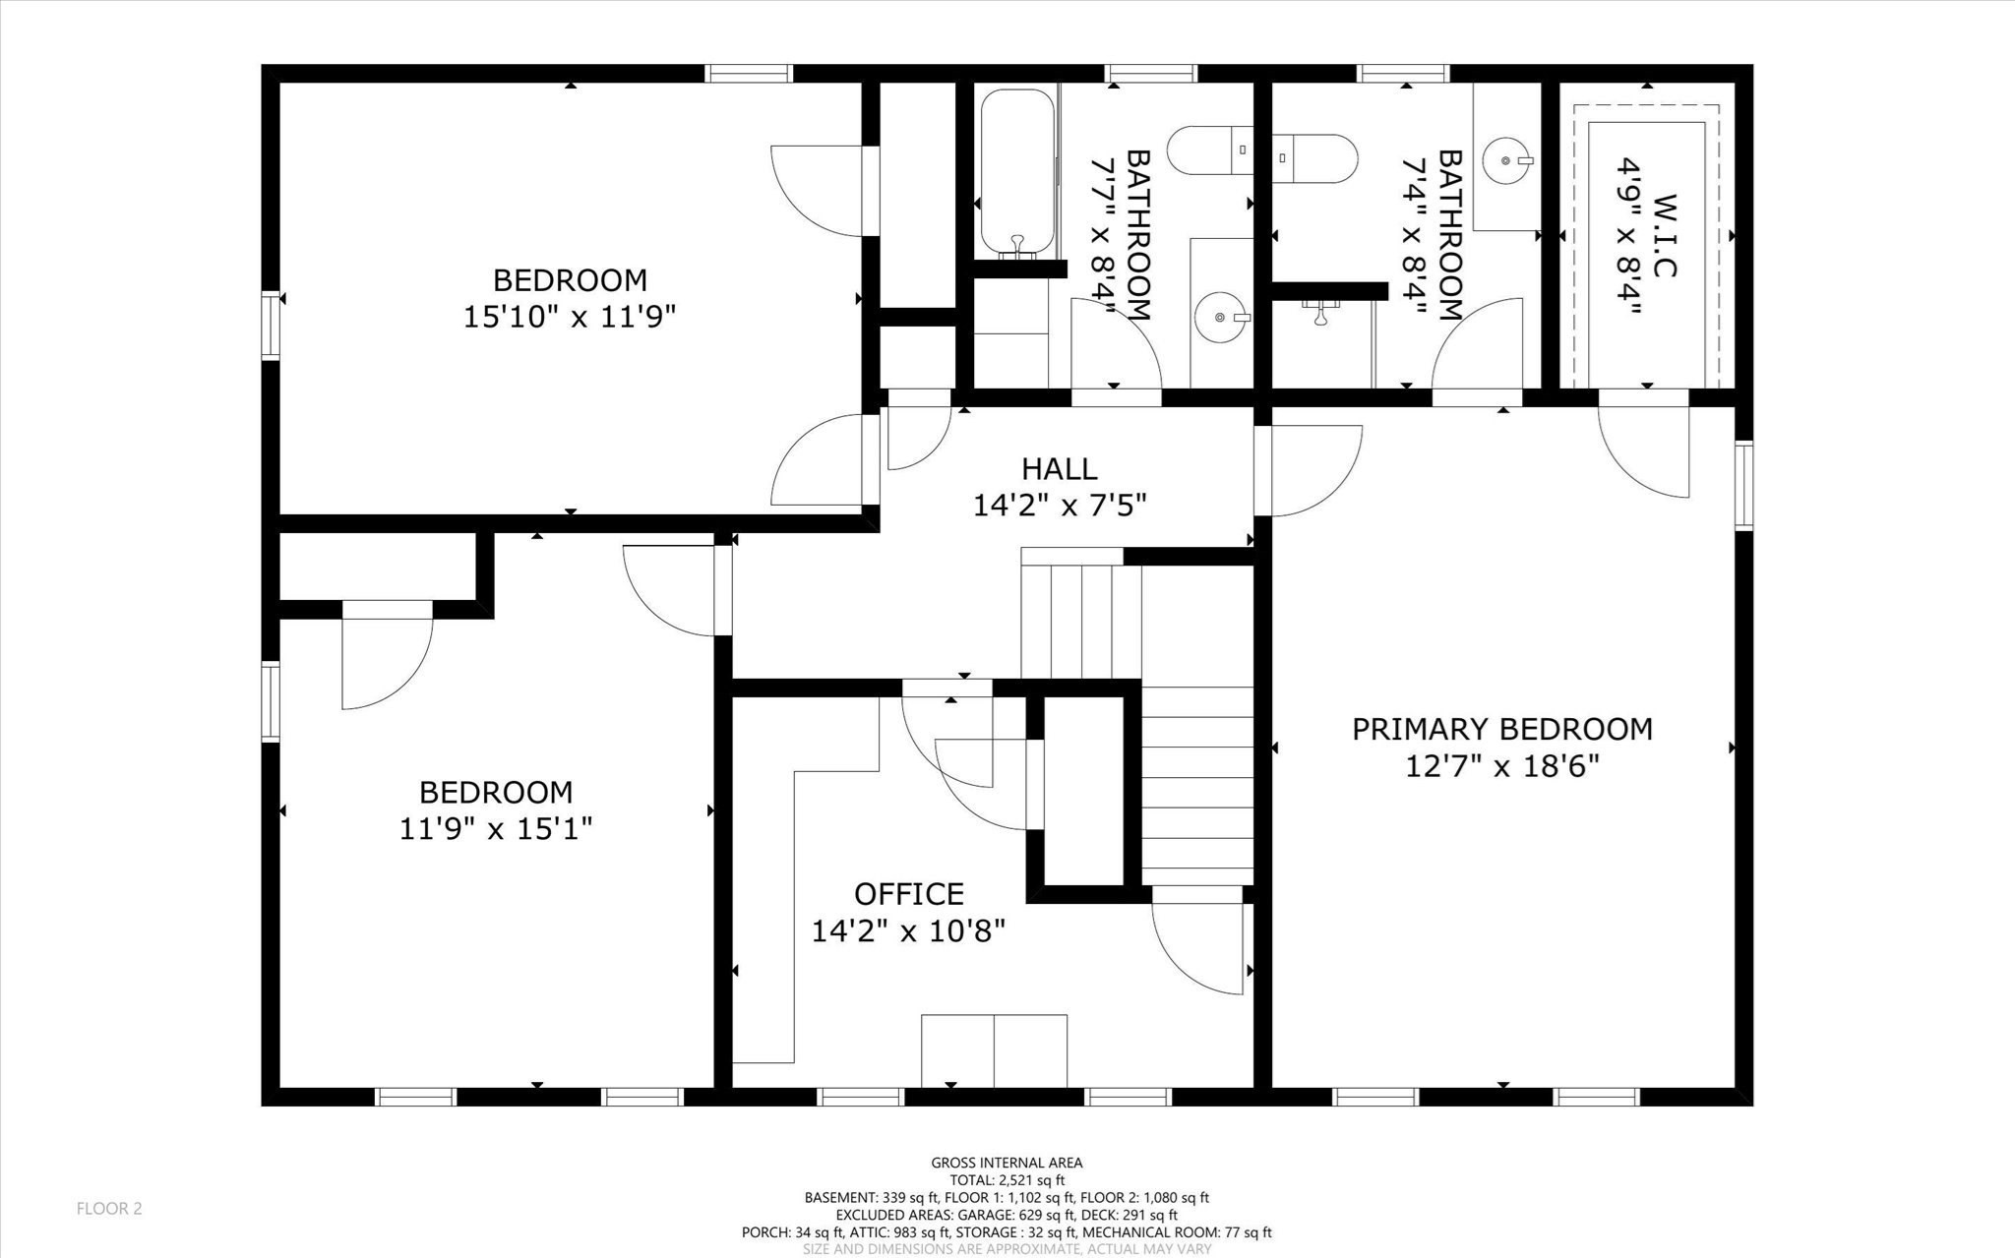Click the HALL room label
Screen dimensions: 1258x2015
[1059, 469]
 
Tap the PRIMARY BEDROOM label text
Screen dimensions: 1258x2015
[1501, 730]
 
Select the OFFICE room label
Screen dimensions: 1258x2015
[908, 894]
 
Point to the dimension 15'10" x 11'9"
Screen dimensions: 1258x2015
[570, 318]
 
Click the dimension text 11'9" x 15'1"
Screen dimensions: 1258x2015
[496, 829]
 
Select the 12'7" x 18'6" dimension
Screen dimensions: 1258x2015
[1501, 766]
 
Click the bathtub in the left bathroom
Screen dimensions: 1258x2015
[1017, 172]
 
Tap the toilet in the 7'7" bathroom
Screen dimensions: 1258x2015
[1209, 150]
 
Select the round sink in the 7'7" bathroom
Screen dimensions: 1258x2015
[1220, 318]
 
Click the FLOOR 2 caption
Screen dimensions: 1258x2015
[109, 1209]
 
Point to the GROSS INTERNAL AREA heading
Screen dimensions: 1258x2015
[1007, 1163]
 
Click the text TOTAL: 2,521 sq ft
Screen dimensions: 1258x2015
[1007, 1180]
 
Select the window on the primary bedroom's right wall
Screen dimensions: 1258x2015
[1743, 486]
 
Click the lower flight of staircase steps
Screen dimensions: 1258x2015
[1197, 786]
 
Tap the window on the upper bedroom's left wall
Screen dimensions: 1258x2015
[271, 325]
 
